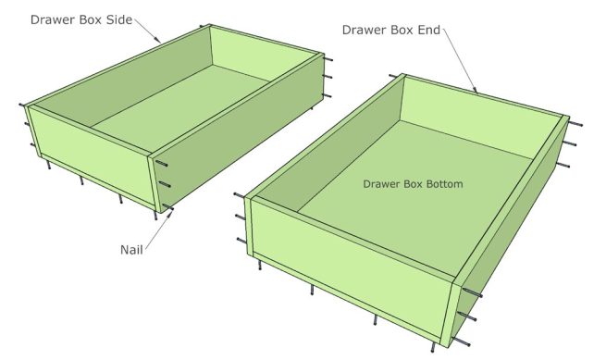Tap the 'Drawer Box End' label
click(392, 29)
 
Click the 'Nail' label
click(131, 249)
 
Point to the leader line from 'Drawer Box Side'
click(154, 31)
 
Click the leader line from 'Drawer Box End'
click(463, 60)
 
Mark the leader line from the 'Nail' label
click(157, 230)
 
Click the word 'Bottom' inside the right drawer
click(439, 184)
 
